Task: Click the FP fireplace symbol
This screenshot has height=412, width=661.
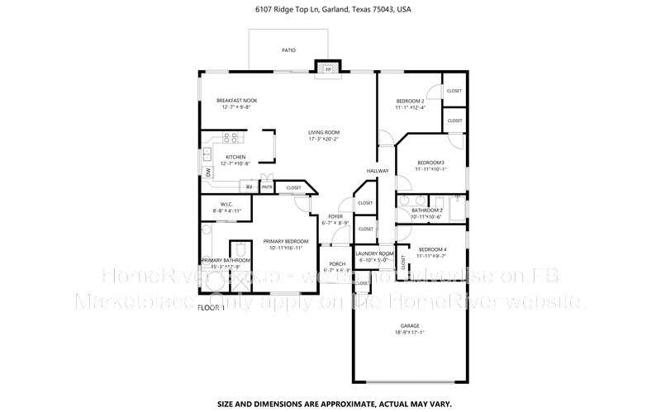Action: click(328, 69)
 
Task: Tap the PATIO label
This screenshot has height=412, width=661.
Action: click(288, 50)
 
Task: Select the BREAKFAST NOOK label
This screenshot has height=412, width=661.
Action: click(236, 100)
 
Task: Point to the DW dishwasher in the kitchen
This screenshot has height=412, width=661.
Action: click(208, 172)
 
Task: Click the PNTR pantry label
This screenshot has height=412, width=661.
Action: click(267, 187)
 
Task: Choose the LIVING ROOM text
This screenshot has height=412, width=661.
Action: click(324, 132)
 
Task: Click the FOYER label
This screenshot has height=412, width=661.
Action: click(335, 216)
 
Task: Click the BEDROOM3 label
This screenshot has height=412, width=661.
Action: click(430, 162)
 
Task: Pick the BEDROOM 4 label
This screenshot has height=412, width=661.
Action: click(432, 249)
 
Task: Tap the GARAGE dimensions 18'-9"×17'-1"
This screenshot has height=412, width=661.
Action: click(410, 332)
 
